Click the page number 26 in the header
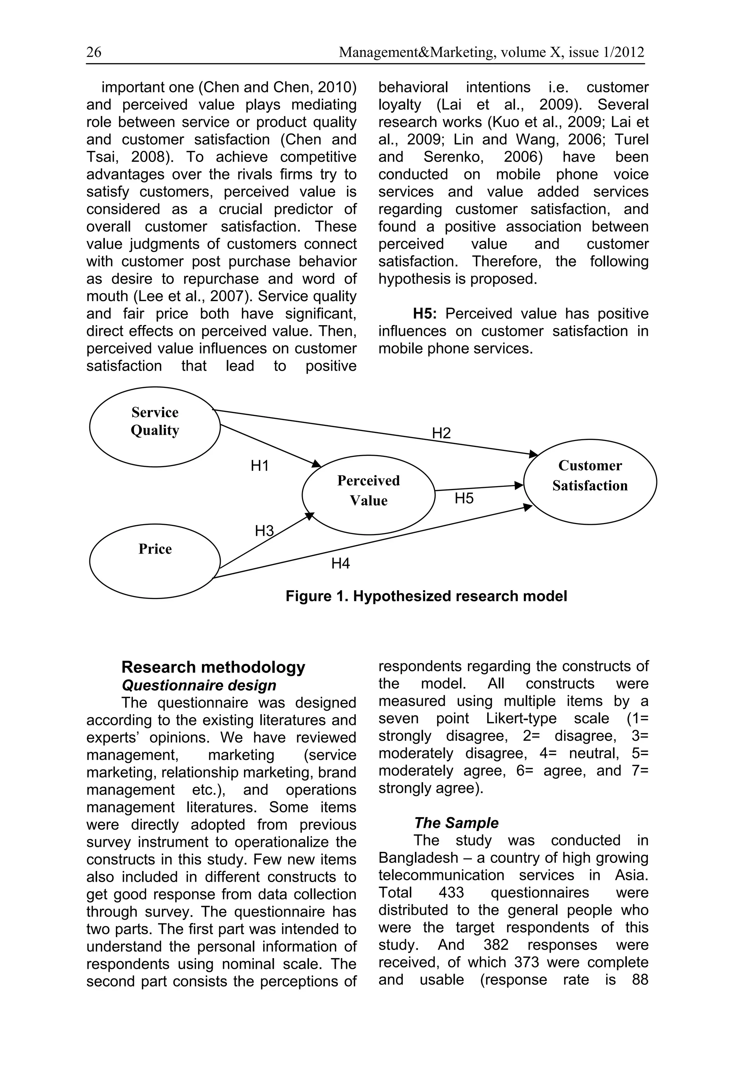click(93, 52)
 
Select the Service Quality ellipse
click(155, 426)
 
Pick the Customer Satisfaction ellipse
click(590, 481)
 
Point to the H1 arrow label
click(260, 465)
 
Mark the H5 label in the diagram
click(464, 498)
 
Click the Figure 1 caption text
click(426, 596)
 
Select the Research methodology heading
click(213, 667)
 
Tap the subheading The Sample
click(456, 823)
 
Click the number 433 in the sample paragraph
click(451, 892)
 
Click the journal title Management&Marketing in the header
click(417, 52)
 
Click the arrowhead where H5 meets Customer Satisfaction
click(519, 486)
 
